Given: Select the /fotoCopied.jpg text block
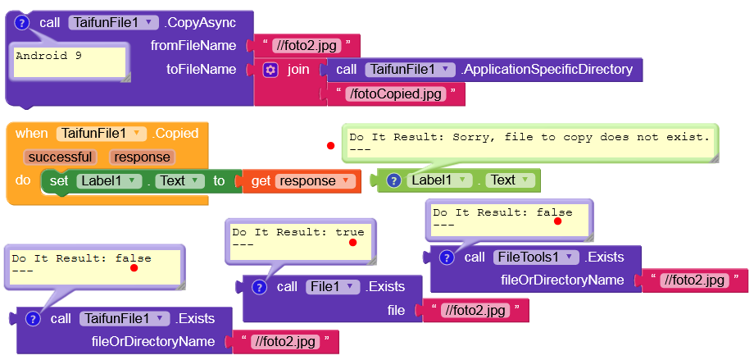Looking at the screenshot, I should [397, 94].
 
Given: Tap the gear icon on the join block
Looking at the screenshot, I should [270, 70].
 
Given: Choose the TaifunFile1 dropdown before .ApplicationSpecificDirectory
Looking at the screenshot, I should [409, 70].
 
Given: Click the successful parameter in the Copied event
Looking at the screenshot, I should [59, 157].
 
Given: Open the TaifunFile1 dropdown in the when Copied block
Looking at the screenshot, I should [102, 133].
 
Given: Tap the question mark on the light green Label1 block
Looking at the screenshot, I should [393, 180].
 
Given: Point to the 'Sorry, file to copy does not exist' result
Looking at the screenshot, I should [529, 138].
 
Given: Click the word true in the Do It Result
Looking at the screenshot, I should [349, 232].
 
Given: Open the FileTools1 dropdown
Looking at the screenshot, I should [536, 257].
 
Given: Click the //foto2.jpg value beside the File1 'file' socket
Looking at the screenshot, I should [475, 310].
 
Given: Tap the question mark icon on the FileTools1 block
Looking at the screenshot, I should [447, 257].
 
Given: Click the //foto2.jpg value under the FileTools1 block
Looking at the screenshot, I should [695, 280].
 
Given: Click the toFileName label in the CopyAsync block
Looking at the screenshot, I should [201, 70].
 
